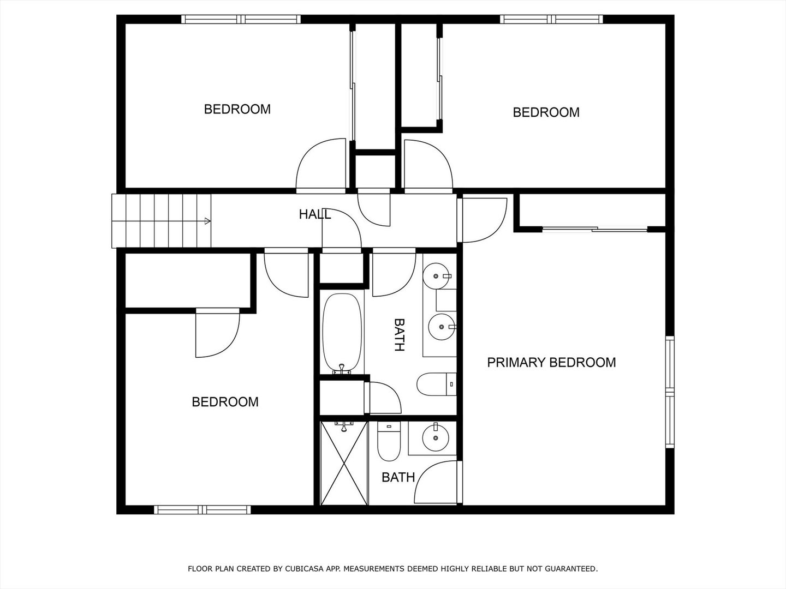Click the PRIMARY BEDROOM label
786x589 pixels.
pos(551,363)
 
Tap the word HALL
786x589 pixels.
pos(315,214)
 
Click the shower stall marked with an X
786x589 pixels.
pos(344,464)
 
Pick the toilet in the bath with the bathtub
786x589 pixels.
pos(436,384)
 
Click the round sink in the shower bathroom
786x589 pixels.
pos(435,438)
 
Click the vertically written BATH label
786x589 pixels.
pos(399,335)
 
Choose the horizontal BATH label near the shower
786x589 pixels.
pos(398,478)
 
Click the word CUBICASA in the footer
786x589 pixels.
pos(305,569)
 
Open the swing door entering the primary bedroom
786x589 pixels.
pos(483,220)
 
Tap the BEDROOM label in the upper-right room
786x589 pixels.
pos(546,112)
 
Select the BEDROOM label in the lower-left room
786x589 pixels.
pos(225,402)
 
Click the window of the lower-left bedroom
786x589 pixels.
pos(203,510)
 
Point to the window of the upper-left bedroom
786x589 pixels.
pos(241,19)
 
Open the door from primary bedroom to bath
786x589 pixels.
pos(437,483)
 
